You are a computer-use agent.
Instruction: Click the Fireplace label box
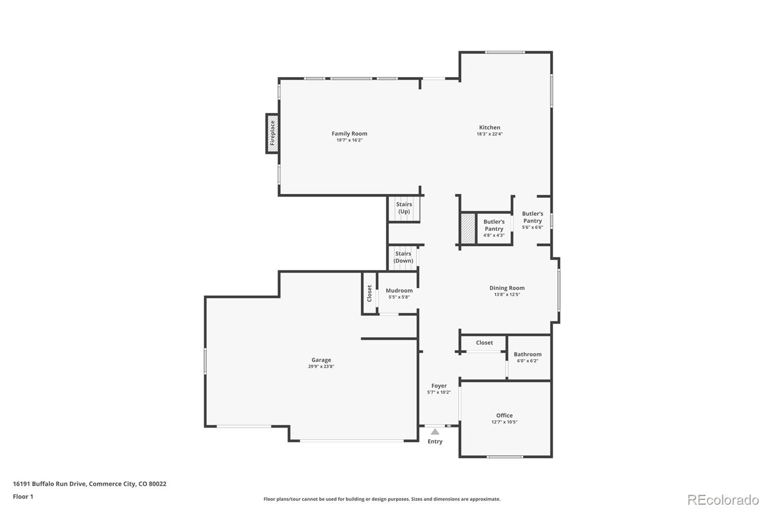click(272, 133)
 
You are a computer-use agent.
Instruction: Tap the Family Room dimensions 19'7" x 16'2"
click(349, 140)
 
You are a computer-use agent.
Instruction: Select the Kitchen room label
click(489, 127)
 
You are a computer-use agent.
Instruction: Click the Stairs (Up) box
click(404, 208)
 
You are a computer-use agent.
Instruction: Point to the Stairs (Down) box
click(403, 257)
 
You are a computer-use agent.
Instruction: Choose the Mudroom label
click(399, 290)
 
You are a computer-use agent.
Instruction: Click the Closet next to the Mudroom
click(369, 293)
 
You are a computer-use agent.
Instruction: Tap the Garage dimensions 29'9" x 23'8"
click(321, 367)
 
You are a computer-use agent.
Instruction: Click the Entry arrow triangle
click(435, 432)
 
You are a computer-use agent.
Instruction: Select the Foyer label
click(439, 386)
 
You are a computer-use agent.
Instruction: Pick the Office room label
click(504, 415)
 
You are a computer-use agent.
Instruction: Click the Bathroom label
click(527, 354)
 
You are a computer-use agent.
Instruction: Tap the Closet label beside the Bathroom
click(484, 342)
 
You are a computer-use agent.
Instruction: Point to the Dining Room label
click(507, 288)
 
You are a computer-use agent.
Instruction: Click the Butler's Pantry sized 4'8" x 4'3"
click(494, 228)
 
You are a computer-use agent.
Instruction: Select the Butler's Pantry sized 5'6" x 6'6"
click(532, 220)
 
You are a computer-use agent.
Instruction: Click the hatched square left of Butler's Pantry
click(468, 228)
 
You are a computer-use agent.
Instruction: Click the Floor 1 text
click(23, 497)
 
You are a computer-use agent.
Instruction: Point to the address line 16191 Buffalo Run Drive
click(89, 484)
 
